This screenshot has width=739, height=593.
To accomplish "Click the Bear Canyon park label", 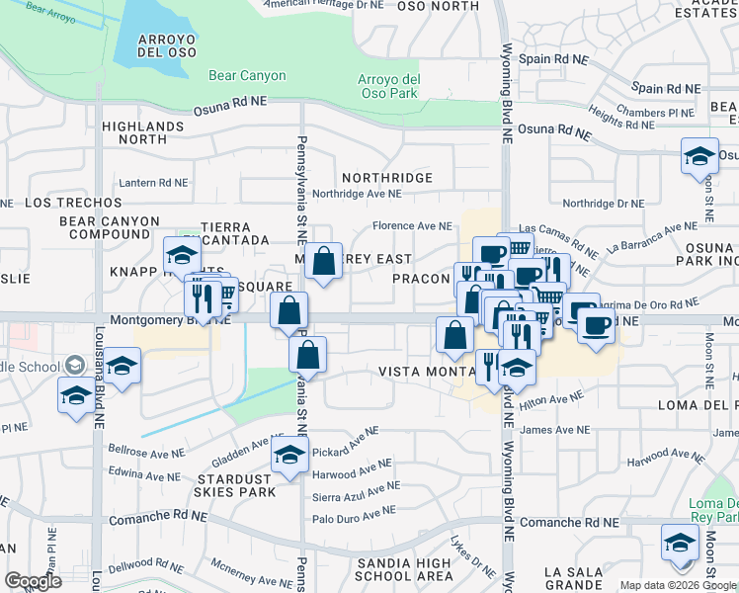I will click(x=247, y=75).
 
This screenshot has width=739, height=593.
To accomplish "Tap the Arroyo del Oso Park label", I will click(x=388, y=86).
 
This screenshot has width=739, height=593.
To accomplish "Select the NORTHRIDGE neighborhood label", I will click(x=386, y=178).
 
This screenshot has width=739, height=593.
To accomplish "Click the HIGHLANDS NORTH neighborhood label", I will click(x=143, y=132).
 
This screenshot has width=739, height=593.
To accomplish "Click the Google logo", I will click(x=33, y=581).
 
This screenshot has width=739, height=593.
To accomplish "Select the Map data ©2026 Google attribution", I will click(x=677, y=585).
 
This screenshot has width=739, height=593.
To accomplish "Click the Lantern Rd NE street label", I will click(x=152, y=183).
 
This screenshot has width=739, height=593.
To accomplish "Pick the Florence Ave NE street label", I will click(x=412, y=226).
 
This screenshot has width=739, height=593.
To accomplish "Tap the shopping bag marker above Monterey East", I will click(x=323, y=262).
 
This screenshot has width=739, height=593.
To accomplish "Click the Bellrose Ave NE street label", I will click(x=146, y=451).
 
